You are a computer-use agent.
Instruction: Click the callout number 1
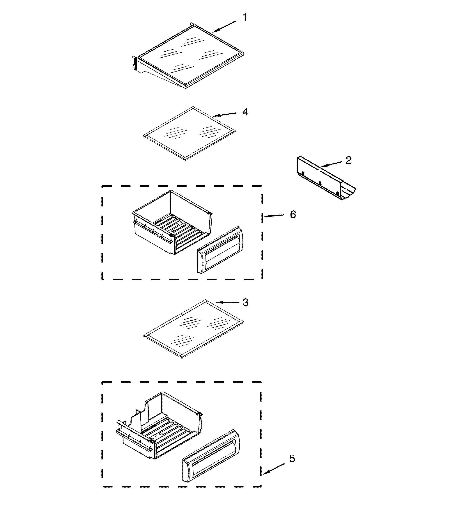[245, 17]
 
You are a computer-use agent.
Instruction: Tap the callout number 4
[245, 112]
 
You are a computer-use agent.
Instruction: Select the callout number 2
[348, 160]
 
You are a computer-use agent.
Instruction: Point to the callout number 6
[293, 214]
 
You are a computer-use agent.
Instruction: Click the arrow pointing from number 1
[224, 27]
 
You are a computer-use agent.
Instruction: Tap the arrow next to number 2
[332, 164]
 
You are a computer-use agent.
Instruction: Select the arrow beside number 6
[274, 216]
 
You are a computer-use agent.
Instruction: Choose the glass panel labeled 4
[189, 133]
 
